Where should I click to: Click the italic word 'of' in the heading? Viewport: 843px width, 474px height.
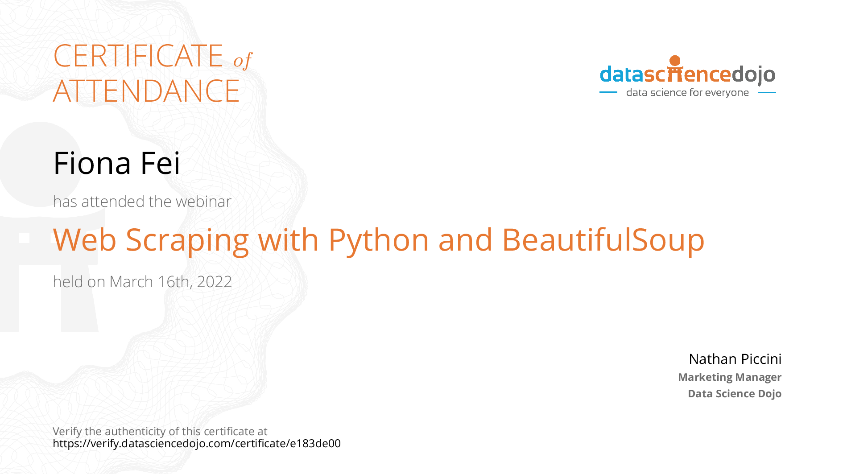click(x=243, y=61)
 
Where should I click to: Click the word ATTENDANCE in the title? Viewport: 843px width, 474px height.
click(x=146, y=91)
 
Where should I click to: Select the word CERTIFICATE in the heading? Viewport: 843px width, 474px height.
click(x=138, y=56)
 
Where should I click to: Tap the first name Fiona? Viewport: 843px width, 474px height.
click(x=92, y=163)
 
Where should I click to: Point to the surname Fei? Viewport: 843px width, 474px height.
click(x=160, y=163)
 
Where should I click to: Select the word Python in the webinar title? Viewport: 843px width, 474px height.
click(x=379, y=241)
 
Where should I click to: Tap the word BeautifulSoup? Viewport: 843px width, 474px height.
click(x=603, y=241)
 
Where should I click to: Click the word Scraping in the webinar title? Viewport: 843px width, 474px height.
click(x=187, y=241)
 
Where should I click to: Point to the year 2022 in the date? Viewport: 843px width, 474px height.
click(x=214, y=282)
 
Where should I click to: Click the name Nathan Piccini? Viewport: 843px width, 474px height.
click(x=735, y=359)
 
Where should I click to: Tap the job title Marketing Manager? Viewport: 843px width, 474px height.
click(x=730, y=377)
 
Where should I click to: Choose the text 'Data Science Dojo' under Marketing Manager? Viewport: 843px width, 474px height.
click(x=735, y=394)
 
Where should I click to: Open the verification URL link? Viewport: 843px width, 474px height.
click(x=197, y=444)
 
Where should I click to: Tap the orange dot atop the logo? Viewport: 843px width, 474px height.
click(x=675, y=61)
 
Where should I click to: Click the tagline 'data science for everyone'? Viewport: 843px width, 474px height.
click(x=687, y=93)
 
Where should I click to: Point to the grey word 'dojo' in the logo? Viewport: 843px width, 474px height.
click(x=753, y=74)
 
